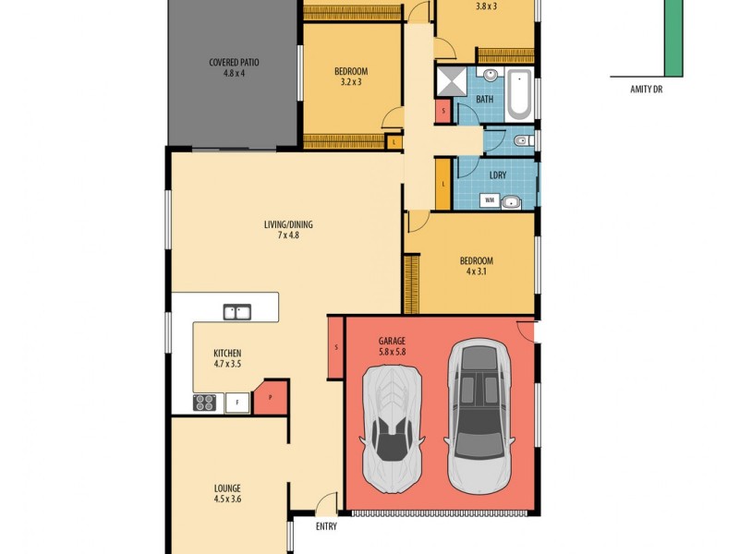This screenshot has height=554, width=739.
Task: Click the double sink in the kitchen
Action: (237, 312)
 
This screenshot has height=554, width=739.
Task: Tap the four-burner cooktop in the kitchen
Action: (204, 402)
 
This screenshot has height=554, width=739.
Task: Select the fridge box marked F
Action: (237, 402)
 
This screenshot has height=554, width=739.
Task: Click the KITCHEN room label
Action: (227, 358)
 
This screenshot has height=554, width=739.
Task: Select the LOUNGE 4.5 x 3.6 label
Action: (227, 493)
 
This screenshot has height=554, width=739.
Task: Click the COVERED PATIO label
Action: (234, 67)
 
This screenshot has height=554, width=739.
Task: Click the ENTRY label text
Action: (325, 526)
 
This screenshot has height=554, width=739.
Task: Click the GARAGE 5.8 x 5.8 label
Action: (392, 345)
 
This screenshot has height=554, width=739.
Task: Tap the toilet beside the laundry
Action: (520, 141)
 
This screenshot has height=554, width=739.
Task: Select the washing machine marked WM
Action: (488, 199)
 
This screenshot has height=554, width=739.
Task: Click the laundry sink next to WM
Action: (510, 202)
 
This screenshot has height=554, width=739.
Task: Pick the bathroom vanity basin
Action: (488, 74)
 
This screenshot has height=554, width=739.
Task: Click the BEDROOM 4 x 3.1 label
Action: (477, 265)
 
